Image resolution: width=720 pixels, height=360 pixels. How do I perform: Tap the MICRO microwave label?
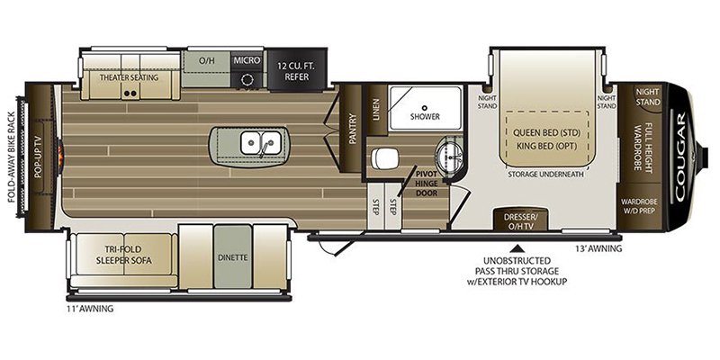click(x=246, y=60)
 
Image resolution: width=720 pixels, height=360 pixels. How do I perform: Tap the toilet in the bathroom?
click(x=383, y=158)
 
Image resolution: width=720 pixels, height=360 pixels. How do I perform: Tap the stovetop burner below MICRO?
click(x=247, y=79)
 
